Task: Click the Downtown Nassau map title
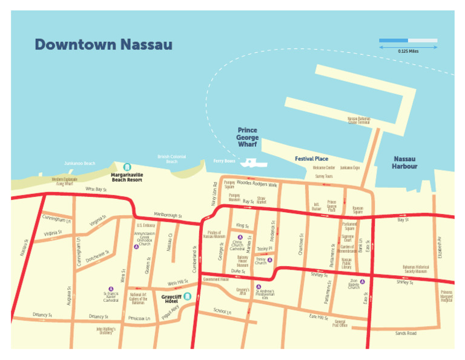pos(103,45)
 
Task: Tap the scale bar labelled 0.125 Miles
pos(408,41)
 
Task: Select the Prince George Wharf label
pos(247,138)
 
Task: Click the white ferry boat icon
pos(252,163)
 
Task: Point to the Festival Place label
pos(311,159)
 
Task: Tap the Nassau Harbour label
pos(404,162)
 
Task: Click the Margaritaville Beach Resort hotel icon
pos(127,167)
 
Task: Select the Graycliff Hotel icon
pos(187,296)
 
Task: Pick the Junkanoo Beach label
pos(80,164)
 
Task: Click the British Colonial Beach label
pos(171,159)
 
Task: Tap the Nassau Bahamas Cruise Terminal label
pos(358,120)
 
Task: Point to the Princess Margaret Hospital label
pos(446,296)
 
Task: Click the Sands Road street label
pos(406,333)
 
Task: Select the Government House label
pos(216,279)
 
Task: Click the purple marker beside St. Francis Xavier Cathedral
pos(110,289)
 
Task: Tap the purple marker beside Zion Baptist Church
pos(354,281)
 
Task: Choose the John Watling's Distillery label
pos(105,331)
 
